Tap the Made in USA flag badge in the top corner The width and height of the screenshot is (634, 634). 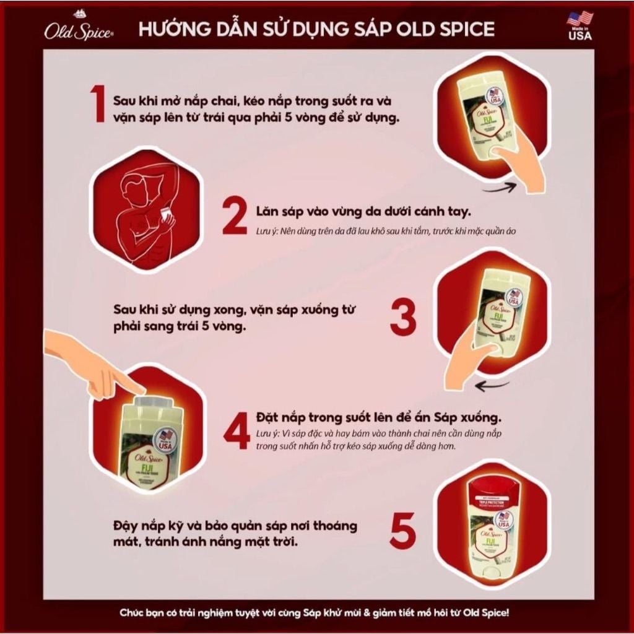[x=580, y=25]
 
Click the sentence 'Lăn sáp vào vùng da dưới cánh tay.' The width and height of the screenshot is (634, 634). [x=363, y=211]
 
